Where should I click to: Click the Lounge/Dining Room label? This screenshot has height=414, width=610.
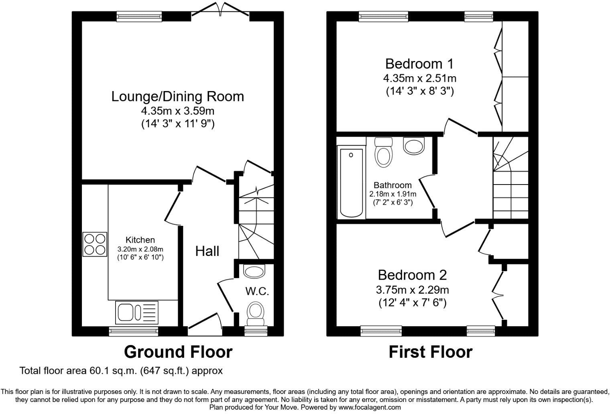pyautogui.click(x=177, y=97)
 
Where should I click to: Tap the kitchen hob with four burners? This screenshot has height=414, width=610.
pyautogui.click(x=95, y=244)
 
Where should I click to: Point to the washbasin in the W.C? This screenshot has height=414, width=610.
pyautogui.click(x=254, y=272)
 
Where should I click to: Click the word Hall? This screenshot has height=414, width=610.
pyautogui.click(x=207, y=251)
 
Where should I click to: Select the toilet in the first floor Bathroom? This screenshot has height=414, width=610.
pyautogui.click(x=383, y=152)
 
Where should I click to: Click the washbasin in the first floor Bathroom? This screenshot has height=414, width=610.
pyautogui.click(x=414, y=146)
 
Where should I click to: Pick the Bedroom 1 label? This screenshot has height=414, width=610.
pyautogui.click(x=419, y=64)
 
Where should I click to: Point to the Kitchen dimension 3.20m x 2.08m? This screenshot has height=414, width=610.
pyautogui.click(x=140, y=249)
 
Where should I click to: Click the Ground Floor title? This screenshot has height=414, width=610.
pyautogui.click(x=178, y=352)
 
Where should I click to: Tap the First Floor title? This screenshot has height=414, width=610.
pyautogui.click(x=430, y=352)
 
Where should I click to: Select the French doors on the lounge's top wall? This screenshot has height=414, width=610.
pyautogui.click(x=220, y=11)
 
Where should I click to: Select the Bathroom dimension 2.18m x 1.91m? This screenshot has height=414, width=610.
pyautogui.click(x=392, y=194)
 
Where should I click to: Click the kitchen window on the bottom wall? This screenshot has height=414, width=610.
pyautogui.click(x=134, y=331)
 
